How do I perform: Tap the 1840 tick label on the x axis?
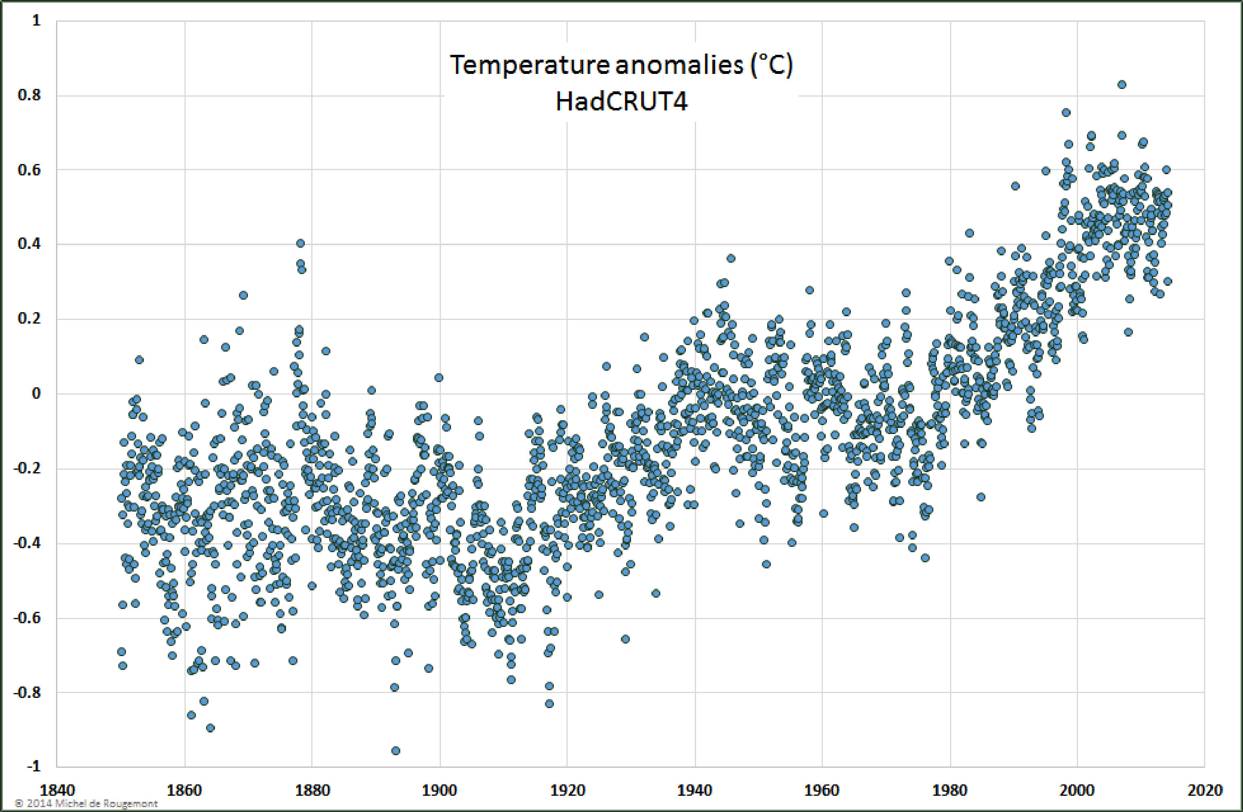coord(57,790)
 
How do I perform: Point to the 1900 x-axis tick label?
coord(439,790)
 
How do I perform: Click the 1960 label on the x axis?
coord(822,790)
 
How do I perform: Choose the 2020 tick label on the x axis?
coord(1204,790)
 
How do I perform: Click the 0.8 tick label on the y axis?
coord(29,95)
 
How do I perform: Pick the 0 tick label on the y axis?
coord(36,393)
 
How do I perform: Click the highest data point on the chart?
coord(1122,84)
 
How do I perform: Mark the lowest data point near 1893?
coord(395,750)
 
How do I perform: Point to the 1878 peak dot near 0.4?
coord(300,243)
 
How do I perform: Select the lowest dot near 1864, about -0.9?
coord(210,728)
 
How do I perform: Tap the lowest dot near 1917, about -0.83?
coord(549,704)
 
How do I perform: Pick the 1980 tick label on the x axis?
coord(950,790)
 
